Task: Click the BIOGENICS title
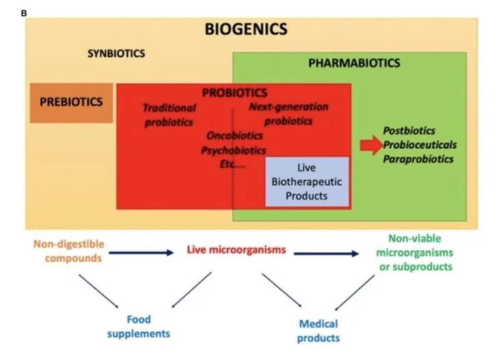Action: tap(246, 29)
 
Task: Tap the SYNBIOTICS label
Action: tap(116, 53)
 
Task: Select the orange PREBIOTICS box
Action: tap(71, 102)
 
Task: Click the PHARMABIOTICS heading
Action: tap(354, 63)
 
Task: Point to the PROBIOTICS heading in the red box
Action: tap(235, 92)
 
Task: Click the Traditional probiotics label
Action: tap(169, 115)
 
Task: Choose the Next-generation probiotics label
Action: tap(288, 114)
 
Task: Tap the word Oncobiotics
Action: tap(235, 136)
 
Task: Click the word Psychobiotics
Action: tap(233, 150)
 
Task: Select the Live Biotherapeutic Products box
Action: tap(307, 181)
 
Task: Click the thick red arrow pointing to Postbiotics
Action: tap(371, 145)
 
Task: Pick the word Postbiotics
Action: tap(409, 131)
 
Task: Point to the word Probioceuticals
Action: tap(420, 145)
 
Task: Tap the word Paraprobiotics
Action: tap(418, 159)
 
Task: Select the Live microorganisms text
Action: tap(236, 250)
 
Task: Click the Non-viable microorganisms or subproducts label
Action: tap(415, 252)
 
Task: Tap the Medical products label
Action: tap(318, 331)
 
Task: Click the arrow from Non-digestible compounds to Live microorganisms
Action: tap(141, 253)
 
